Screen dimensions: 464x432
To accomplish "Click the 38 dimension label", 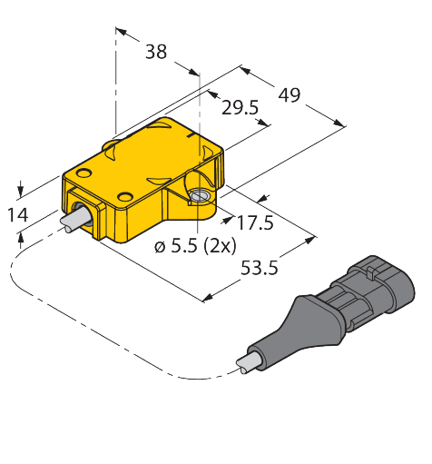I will (x=156, y=52).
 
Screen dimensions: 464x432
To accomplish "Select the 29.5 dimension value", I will (x=241, y=108).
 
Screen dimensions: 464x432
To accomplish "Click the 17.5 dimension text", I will (x=254, y=221).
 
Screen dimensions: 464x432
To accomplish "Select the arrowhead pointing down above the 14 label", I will (x=22, y=193).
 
